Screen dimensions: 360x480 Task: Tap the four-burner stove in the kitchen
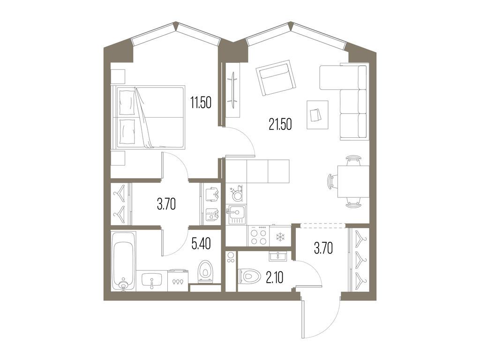(x=258, y=236)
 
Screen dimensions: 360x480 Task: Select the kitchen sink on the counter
(x=236, y=215)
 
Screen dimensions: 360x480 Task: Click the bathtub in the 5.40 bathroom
(x=123, y=265)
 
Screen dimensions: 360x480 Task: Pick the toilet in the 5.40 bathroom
(x=205, y=271)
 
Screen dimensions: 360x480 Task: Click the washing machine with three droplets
(x=177, y=280)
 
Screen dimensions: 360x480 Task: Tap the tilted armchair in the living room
(x=277, y=78)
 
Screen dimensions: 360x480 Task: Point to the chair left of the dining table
(x=332, y=181)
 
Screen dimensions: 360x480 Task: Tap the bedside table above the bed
(x=118, y=76)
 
